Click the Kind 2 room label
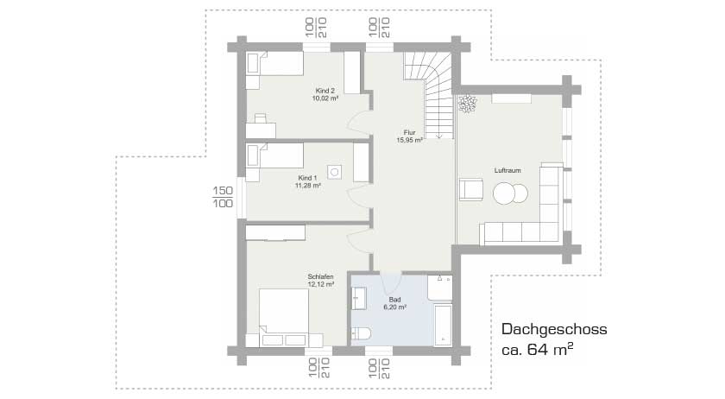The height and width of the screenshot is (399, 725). click(x=325, y=91)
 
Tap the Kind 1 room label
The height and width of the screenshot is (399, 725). click(x=307, y=178)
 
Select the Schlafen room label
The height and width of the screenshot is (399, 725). click(x=320, y=277)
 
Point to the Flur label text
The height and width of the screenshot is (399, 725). click(x=409, y=132)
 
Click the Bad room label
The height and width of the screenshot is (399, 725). click(x=394, y=300)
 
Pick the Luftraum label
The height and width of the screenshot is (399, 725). click(x=507, y=170)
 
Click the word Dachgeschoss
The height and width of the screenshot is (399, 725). click(x=554, y=329)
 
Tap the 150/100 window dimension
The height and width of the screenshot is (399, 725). click(x=223, y=197)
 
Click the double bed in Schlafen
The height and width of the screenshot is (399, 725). click(x=284, y=318)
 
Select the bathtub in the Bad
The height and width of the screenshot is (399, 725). click(x=443, y=325)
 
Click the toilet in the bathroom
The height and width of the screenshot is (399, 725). click(x=361, y=334)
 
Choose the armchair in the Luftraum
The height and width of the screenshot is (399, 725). click(x=470, y=190)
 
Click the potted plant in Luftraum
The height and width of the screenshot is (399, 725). click(x=467, y=104)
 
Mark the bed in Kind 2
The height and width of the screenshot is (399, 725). click(x=274, y=63)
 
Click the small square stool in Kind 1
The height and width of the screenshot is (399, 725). click(x=334, y=172)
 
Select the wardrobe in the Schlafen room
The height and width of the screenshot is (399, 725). click(x=275, y=233)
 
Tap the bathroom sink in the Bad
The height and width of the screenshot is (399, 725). click(x=359, y=298)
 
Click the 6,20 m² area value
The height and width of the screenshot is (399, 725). click(x=395, y=307)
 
